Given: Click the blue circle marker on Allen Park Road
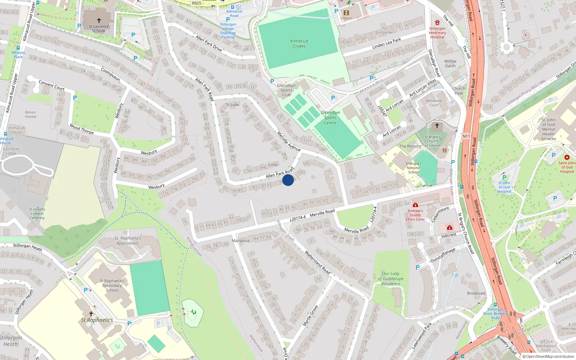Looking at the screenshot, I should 288,180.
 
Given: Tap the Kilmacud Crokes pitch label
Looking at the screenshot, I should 299,44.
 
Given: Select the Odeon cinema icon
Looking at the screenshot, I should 346,13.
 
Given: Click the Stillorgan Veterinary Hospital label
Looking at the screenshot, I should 437,32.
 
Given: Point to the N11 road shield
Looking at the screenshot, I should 466,136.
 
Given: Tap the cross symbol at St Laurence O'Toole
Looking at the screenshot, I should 99,21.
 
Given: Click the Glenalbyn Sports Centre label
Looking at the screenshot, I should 330,118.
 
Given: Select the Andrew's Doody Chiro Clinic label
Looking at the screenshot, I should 415,215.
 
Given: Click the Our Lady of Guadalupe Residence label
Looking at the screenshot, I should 391,279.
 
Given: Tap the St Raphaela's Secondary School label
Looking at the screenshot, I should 112,285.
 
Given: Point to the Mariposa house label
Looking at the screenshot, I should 240,240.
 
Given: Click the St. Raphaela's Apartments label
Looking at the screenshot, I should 128,240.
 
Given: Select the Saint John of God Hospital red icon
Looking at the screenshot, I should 567,157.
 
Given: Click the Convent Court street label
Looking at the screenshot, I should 51,85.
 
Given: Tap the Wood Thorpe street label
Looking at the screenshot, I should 82,129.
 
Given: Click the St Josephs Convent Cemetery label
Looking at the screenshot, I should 37,213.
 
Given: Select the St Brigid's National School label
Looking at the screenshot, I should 413,168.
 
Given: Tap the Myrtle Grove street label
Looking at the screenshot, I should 310,316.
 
